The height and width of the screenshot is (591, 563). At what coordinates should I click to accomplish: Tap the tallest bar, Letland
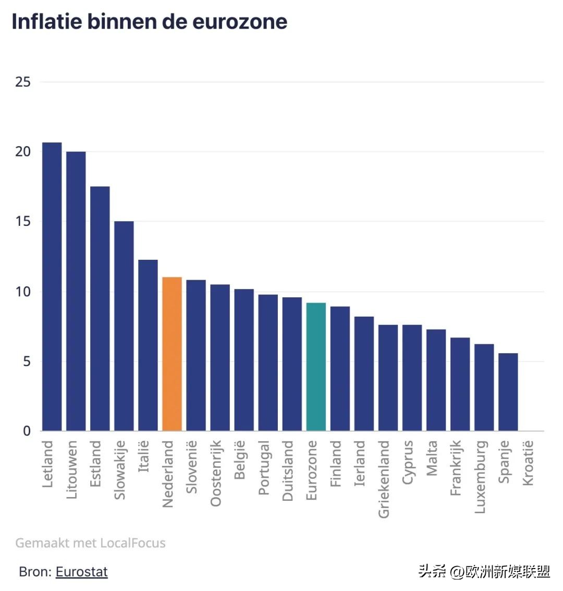pos(52,287)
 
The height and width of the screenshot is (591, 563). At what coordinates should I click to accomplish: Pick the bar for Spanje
pos(508,392)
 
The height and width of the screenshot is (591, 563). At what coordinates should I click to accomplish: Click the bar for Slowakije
pos(124,326)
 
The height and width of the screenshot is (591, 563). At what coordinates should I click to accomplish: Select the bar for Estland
pos(100,308)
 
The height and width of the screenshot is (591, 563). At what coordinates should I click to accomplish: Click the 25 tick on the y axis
pos(23,82)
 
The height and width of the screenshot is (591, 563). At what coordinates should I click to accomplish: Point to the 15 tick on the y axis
pos(23,222)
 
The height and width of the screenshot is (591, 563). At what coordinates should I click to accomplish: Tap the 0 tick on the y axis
pos(27,431)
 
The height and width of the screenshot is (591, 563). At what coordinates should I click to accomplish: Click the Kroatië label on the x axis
pos(528,463)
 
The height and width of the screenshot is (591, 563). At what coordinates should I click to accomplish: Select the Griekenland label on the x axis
pos(384,479)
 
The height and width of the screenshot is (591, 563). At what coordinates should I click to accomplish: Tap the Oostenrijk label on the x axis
pos(216,473)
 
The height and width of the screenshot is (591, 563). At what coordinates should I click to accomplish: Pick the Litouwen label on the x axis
pos(72,469)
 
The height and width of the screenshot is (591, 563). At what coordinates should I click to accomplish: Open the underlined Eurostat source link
pos(81,572)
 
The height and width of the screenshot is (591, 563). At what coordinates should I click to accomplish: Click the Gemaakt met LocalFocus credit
pos(90,543)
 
